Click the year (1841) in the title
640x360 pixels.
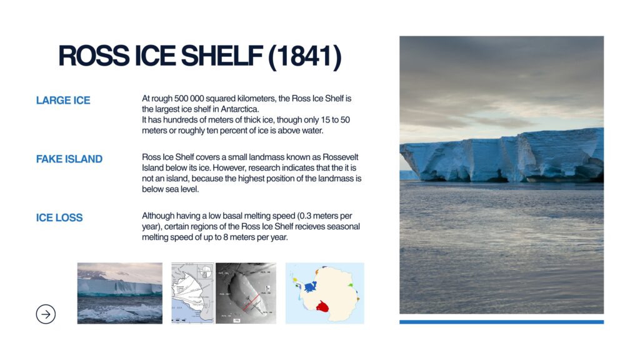[304, 56]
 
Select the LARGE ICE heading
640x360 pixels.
[63, 101]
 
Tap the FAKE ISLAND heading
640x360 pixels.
[69, 159]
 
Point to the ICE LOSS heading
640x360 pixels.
[59, 218]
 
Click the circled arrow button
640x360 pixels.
[46, 314]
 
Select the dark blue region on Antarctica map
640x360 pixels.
[310, 286]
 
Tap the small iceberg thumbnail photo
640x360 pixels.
[119, 293]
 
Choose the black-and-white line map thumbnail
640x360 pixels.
[192, 293]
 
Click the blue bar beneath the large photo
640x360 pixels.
[501, 322]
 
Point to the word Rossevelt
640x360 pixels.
[341, 157]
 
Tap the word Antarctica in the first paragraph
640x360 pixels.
[239, 109]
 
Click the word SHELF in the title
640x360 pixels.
[221, 56]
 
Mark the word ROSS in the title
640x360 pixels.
[94, 56]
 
